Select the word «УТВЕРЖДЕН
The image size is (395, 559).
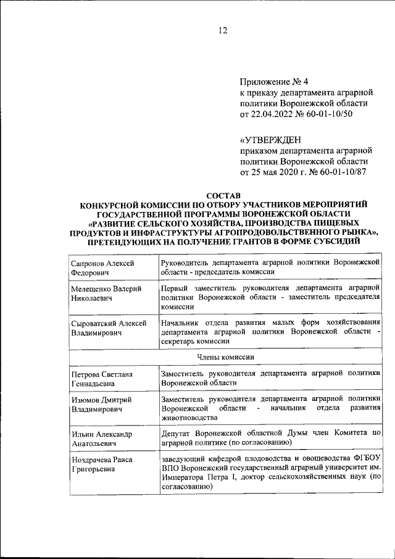tap(272, 139)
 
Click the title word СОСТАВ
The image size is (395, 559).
tap(223, 195)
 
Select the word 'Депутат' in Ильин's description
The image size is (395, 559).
tap(175, 434)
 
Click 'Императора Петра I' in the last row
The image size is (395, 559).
tap(197, 477)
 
